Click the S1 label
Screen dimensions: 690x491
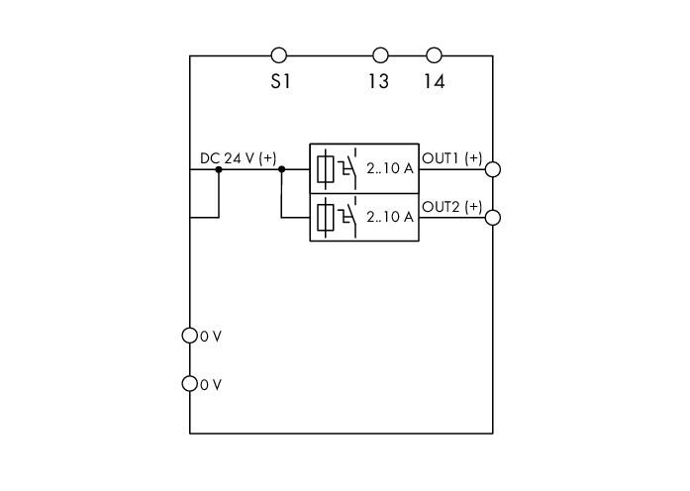tap(280, 81)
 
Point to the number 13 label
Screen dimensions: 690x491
tap(378, 81)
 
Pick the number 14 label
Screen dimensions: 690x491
tap(435, 81)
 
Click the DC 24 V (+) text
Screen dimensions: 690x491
tap(238, 158)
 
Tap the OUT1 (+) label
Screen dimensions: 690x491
tap(452, 157)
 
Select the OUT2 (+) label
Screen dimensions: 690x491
tap(452, 206)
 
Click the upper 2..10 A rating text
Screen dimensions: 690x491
tap(390, 168)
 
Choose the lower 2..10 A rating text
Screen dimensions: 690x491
tap(390, 217)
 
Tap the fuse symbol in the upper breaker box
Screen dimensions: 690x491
tap(325, 169)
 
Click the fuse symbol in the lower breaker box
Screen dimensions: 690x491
tap(325, 218)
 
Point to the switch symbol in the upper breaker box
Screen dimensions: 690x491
tap(347, 169)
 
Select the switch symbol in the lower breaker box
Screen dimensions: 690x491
tap(347, 218)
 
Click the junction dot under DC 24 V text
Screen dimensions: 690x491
tap(219, 169)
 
